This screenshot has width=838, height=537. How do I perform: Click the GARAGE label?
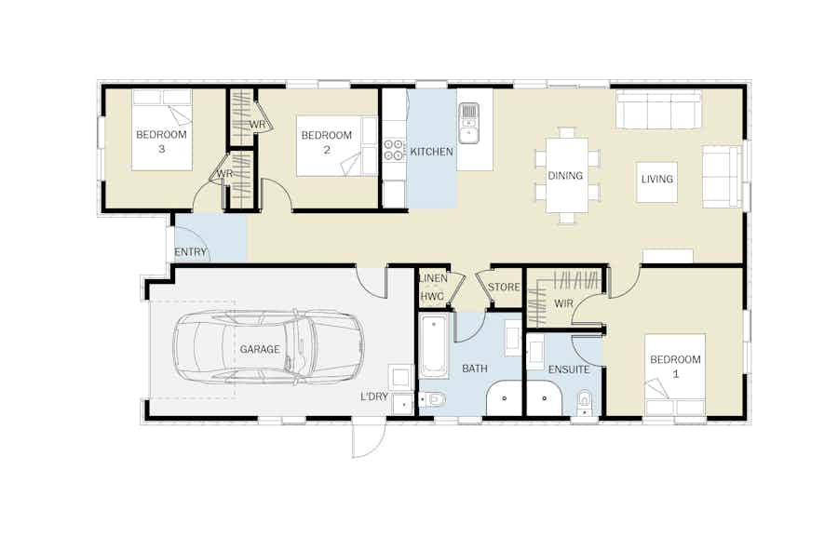[260, 349]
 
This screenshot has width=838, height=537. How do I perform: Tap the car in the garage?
[268, 347]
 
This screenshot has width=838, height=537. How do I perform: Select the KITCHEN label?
[432, 152]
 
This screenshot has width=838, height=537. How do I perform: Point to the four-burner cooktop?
[394, 150]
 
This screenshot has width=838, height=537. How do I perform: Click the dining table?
[566, 175]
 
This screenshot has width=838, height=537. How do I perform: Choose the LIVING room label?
[656, 179]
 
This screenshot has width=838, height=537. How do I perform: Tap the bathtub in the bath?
[433, 346]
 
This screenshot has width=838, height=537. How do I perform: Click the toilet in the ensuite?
[586, 403]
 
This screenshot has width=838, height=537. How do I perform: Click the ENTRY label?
[190, 252]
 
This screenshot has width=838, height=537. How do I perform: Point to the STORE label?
[504, 288]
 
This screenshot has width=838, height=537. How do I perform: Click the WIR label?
[563, 303]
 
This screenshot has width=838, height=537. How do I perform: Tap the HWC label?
[432, 297]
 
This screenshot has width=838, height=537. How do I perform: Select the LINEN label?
[433, 278]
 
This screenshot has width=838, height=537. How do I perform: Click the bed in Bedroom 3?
[162, 130]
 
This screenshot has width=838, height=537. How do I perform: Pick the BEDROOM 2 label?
[327, 142]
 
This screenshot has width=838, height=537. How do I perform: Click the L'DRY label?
[374, 396]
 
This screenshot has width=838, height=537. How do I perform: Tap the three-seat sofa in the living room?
[658, 110]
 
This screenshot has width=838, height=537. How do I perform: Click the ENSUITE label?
[569, 369]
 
